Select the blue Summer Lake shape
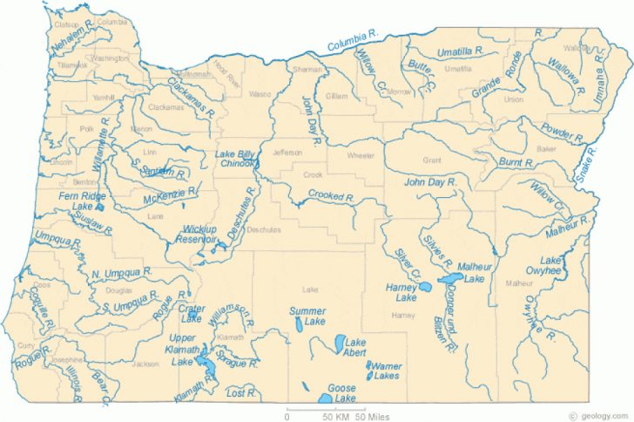(x=300, y=324)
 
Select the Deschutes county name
(x=263, y=229)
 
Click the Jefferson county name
(x=287, y=153)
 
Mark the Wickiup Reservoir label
(x=199, y=234)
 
